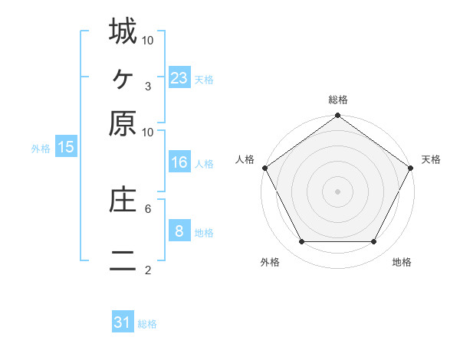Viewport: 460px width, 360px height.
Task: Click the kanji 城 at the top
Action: (123, 32)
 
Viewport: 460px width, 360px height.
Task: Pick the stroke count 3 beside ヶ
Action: (147, 86)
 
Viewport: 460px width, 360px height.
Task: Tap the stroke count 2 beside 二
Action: (147, 270)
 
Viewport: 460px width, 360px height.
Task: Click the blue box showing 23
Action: (179, 77)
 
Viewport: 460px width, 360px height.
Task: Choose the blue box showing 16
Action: (179, 162)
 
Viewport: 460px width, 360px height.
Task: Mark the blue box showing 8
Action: (179, 231)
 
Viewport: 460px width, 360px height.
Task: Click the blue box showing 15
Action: (66, 147)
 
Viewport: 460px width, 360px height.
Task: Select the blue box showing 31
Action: (123, 322)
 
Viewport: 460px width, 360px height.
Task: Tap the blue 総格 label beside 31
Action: (147, 324)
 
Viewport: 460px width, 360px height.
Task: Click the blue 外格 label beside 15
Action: (41, 149)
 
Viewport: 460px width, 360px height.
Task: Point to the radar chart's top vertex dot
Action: (337, 116)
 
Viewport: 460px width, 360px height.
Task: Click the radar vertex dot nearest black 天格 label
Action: (411, 168)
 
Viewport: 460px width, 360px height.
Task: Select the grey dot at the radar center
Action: (337, 191)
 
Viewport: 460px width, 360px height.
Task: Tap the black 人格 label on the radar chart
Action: (245, 159)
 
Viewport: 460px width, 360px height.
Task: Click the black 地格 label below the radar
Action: (402, 263)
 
